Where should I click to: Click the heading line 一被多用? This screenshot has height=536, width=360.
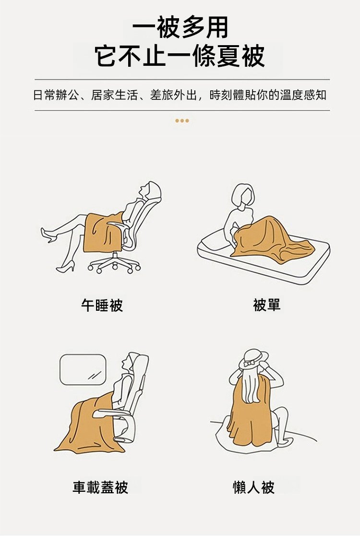[x=180, y=27]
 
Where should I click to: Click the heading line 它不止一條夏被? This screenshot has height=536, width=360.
[x=180, y=56]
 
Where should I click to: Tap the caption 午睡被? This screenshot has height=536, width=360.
[x=102, y=305]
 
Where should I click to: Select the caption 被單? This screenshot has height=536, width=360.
[x=266, y=305]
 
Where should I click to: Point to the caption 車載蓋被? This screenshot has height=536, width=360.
[x=100, y=487]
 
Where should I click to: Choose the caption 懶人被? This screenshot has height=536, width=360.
[x=253, y=487]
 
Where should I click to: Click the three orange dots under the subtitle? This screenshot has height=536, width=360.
[x=182, y=121]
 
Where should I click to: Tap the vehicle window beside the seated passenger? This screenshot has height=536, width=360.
[x=83, y=369]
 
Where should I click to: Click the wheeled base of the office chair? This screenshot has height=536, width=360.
[x=114, y=264]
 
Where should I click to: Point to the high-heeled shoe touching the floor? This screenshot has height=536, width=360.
[x=66, y=267]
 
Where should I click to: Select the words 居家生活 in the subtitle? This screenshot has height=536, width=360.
[x=115, y=96]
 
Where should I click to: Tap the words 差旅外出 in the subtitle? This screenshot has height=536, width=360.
[x=173, y=96]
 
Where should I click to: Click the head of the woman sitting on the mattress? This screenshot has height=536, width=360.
[x=243, y=195]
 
